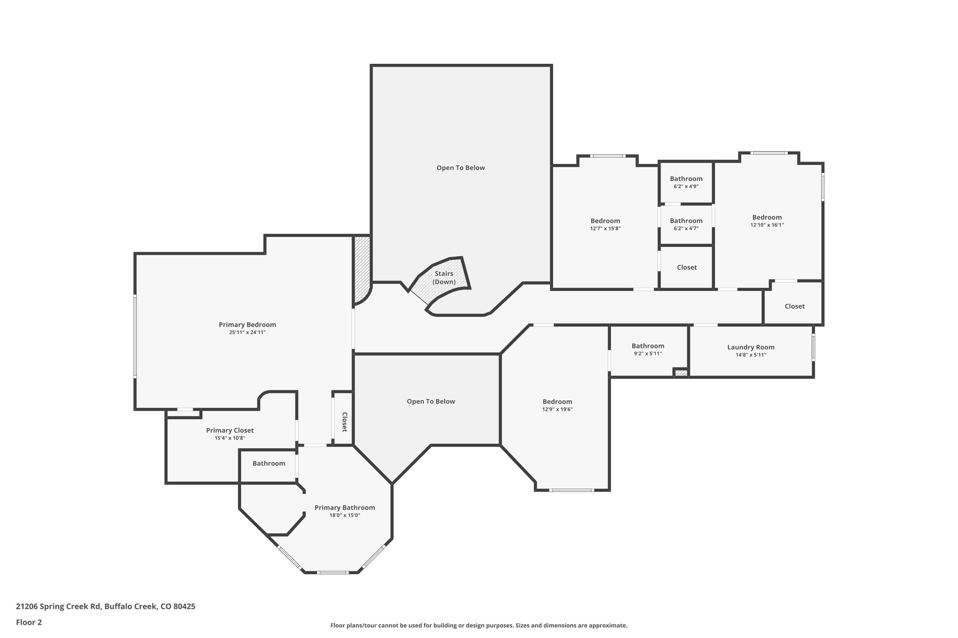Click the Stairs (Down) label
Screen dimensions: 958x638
[444, 278]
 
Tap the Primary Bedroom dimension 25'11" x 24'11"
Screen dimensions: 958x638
[247, 332]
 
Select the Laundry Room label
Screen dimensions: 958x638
[751, 347]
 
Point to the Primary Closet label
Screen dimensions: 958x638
[230, 430]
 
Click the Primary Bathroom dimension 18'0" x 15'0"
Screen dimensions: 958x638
[345, 516]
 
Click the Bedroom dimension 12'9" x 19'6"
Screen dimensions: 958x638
[557, 409]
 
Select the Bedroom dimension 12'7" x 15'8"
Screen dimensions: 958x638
[605, 229]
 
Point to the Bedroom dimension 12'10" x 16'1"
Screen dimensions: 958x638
[767, 225]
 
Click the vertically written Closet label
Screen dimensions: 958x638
[344, 422]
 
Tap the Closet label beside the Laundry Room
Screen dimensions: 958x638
[795, 306]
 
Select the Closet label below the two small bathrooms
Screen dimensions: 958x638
[687, 267]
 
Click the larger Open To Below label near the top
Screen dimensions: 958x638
[461, 168]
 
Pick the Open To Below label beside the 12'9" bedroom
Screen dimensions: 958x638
[431, 401]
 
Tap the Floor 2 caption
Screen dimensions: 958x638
[29, 622]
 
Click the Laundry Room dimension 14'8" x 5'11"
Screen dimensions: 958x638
[751, 355]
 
